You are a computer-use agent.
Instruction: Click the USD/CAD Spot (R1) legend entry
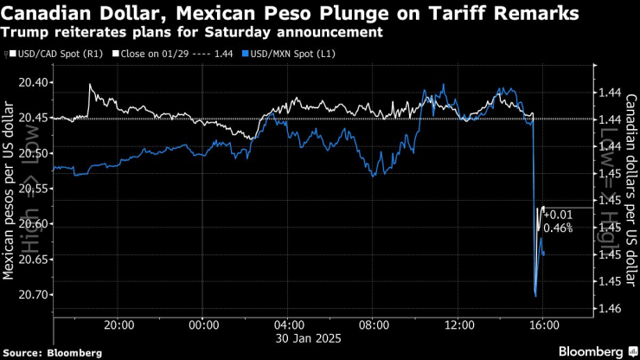(x=50, y=54)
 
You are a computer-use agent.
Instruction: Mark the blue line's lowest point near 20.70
(x=536, y=296)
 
